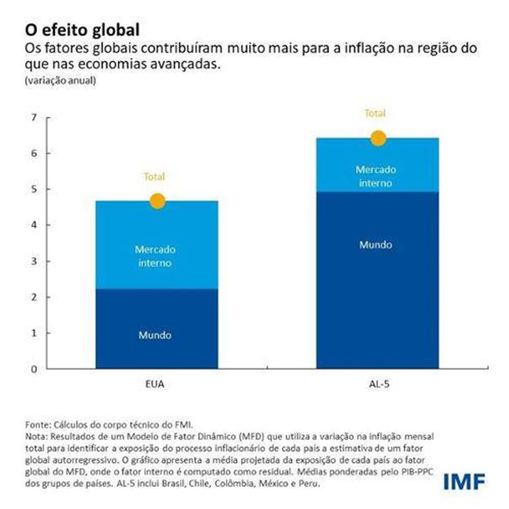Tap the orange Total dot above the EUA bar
(157, 201)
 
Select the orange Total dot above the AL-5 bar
(378, 138)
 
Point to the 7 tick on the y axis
(34, 117)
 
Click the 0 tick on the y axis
(34, 369)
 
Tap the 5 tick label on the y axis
(34, 189)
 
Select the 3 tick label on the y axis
(34, 261)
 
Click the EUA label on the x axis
(155, 385)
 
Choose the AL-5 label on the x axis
(376, 385)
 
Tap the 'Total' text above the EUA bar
(154, 177)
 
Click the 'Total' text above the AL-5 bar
(375, 113)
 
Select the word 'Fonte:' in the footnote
(37, 425)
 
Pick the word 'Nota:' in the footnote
(36, 437)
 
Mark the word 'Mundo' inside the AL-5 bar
(376, 245)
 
